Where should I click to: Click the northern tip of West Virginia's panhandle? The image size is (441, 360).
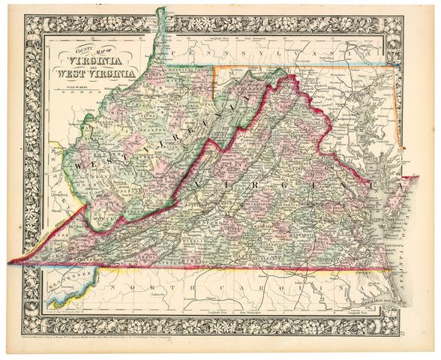click(161, 10)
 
